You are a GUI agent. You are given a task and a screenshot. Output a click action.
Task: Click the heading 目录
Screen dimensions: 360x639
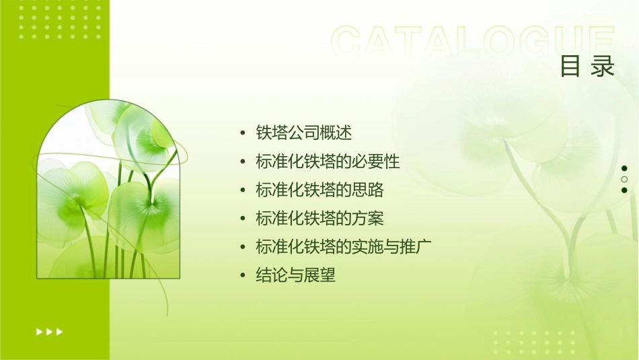pyautogui.click(x=587, y=67)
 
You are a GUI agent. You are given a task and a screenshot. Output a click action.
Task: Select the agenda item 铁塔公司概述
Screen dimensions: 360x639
pyautogui.click(x=304, y=133)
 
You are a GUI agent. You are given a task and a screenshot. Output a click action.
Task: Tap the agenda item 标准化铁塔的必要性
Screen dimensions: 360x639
pyautogui.click(x=328, y=162)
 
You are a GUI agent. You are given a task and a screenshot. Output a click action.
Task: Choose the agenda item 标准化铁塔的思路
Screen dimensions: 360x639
pyautogui.click(x=319, y=190)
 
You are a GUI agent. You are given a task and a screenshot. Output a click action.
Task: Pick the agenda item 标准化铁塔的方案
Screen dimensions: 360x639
pyautogui.click(x=319, y=219)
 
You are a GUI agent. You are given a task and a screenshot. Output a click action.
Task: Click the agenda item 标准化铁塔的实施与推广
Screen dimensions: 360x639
pyautogui.click(x=343, y=247)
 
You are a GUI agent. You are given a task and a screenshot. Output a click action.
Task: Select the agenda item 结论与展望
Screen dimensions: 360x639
pyautogui.click(x=295, y=275)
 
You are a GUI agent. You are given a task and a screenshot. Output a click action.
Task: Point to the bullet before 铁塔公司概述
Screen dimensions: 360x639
pyautogui.click(x=243, y=133)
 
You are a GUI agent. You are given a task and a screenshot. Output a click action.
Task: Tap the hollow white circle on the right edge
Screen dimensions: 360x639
pyautogui.click(x=624, y=179)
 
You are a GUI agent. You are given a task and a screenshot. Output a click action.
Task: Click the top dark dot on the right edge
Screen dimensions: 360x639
pyautogui.click(x=624, y=168)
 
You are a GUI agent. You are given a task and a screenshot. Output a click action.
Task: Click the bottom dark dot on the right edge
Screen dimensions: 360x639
pyautogui.click(x=624, y=190)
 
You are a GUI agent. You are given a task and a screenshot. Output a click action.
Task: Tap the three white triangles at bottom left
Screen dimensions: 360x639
pyautogui.click(x=50, y=331)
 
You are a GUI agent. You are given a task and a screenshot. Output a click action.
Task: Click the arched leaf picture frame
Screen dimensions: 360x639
pyautogui.click(x=108, y=191)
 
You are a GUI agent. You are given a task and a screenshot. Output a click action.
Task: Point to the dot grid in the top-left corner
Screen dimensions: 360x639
pyautogui.click(x=60, y=20)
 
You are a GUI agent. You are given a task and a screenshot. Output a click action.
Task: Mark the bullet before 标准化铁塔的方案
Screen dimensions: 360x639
pyautogui.click(x=243, y=219)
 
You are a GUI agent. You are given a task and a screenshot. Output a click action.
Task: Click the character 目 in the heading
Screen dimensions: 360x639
pyautogui.click(x=570, y=67)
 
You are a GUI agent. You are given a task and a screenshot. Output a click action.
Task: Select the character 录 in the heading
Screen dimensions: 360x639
pyautogui.click(x=604, y=67)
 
